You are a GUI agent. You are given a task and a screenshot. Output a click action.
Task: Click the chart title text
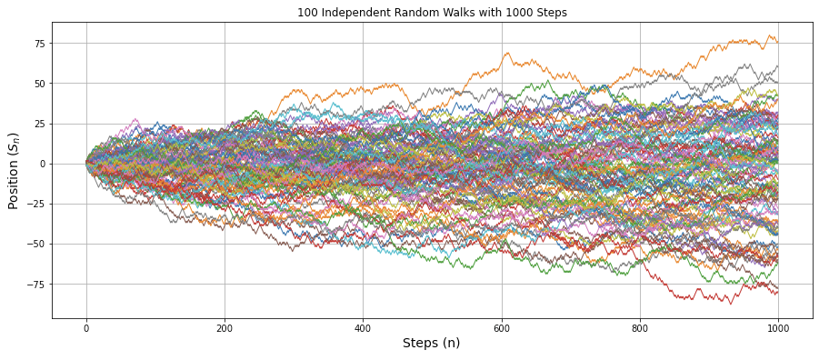432,13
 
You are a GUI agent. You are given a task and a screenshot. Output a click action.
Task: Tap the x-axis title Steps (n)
432,343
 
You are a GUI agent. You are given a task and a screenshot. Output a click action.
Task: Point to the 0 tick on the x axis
86,327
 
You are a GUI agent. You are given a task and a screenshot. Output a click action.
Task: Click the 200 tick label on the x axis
225,327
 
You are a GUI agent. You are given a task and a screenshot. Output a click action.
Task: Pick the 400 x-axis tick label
363,327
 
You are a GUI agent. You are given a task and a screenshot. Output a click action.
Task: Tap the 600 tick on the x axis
502,327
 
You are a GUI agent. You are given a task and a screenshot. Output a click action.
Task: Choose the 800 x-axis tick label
640,327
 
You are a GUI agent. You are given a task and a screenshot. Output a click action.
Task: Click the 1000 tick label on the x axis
778,327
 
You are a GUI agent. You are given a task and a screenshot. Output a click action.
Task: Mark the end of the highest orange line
778,42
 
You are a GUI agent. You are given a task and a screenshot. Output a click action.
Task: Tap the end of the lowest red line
778,293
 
